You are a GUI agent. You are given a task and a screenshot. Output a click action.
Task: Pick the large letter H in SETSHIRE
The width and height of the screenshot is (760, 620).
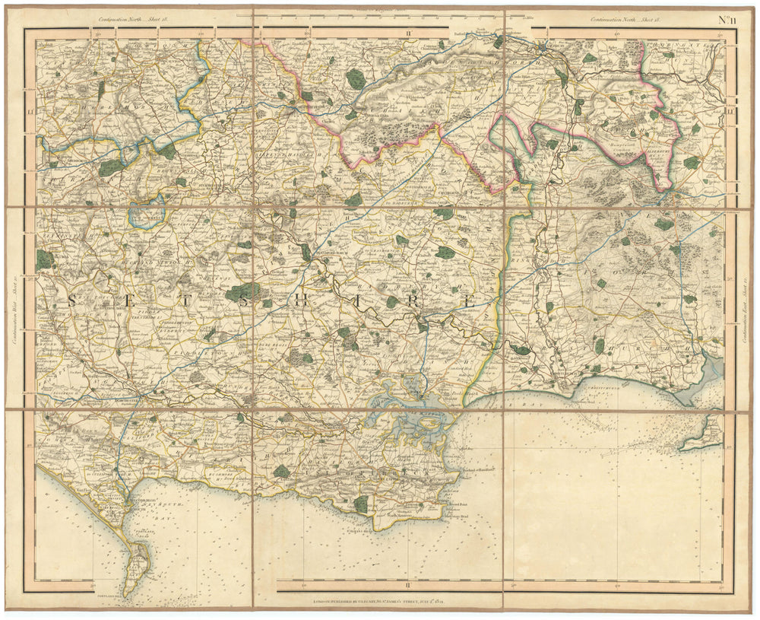pyautogui.click(x=300, y=300)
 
